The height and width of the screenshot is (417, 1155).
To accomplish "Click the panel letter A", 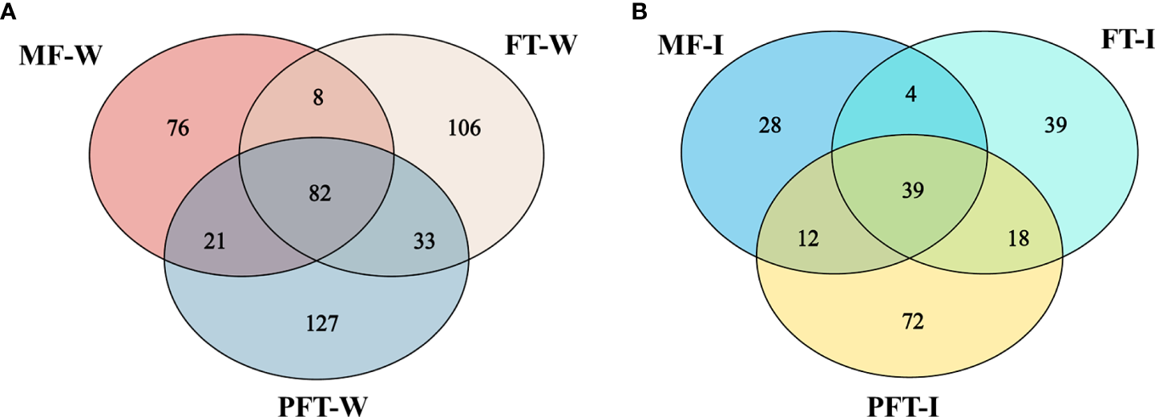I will tap(9, 10).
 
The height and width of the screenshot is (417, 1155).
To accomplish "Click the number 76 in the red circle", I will tap(179, 128).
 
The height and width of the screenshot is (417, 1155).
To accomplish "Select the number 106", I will tap(465, 128).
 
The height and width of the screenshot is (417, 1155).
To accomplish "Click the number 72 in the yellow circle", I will tap(913, 322).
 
